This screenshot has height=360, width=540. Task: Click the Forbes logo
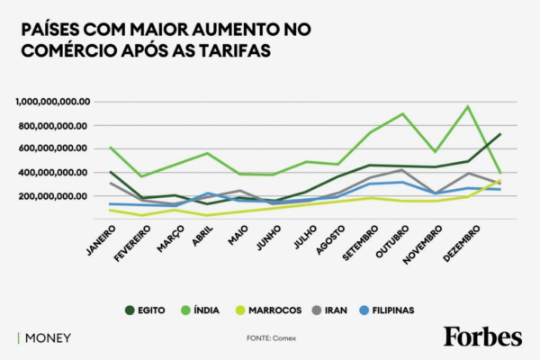(481, 337)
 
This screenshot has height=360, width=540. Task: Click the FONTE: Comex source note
(271, 338)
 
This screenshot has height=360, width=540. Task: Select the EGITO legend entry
(148, 310)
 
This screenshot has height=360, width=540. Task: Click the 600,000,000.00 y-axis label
(54, 148)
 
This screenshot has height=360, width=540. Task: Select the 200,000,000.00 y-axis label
(54, 195)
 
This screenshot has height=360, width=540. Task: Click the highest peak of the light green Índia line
(467, 106)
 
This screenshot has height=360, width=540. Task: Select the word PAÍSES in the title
(51, 30)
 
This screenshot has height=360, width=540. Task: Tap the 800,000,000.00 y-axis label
(54, 125)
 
